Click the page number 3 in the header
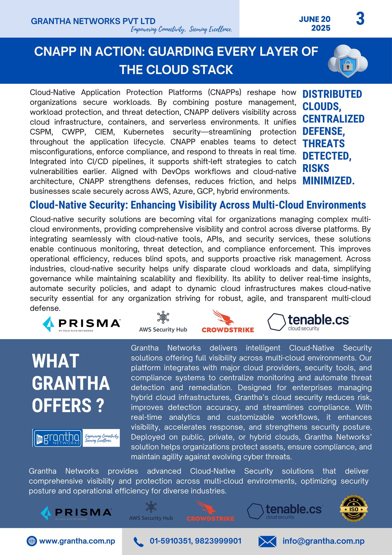point(360,19)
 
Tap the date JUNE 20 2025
point(315,23)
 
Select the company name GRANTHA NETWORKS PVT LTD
point(93,21)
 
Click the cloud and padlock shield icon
point(348,61)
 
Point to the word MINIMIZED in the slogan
point(328,181)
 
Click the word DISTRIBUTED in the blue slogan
point(332,94)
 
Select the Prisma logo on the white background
point(81,324)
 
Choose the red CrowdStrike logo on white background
point(228,322)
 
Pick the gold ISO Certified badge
point(354,509)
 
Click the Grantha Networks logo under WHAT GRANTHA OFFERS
point(76,438)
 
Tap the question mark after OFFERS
point(100,406)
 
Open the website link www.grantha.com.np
point(77,541)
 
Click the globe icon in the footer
point(31,541)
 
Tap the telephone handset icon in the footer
point(139,542)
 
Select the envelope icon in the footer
point(267,541)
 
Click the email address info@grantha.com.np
point(323,541)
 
